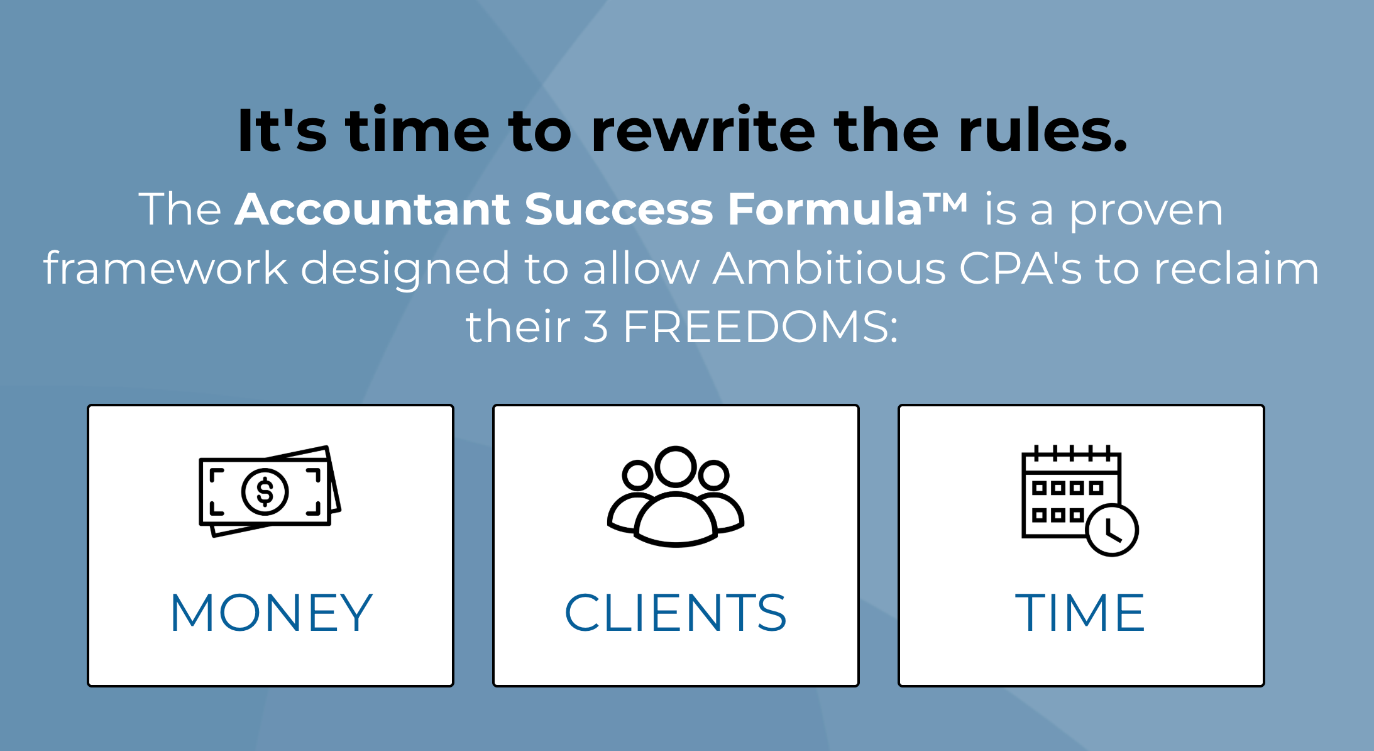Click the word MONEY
[272, 613]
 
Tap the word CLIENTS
[676, 613]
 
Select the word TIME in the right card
[1080, 613]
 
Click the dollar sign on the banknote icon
[265, 492]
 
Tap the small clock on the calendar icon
[1113, 530]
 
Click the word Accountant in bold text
[373, 209]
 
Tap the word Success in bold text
[619, 209]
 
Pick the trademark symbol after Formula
[945, 201]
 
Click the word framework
[165, 268]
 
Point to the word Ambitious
[829, 268]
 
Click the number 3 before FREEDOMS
[596, 327]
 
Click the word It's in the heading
[283, 131]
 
